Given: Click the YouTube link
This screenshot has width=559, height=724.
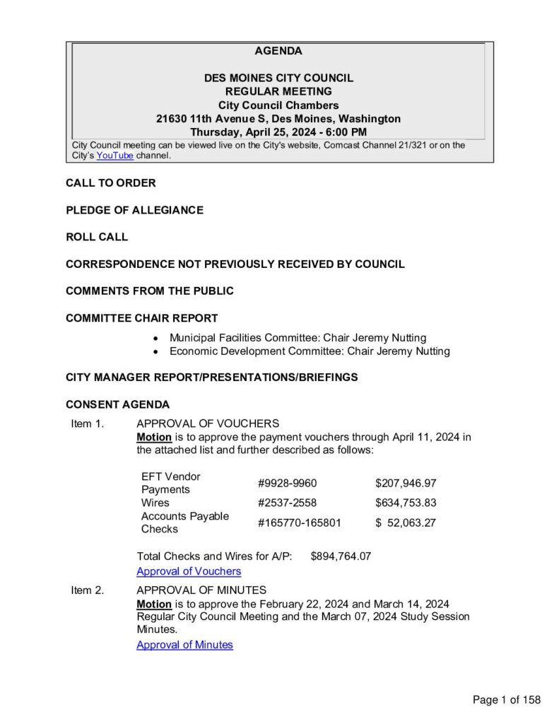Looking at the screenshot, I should coord(114,156).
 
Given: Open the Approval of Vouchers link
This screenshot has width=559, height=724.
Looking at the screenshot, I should coord(189,571).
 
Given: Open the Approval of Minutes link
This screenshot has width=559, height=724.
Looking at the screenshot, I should coord(184,645).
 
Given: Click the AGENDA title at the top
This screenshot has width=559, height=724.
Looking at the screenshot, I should coord(278,51).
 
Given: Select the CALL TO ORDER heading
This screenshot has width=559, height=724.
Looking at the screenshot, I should coord(111,183).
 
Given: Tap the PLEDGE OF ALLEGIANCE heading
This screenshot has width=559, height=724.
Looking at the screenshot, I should coord(134,210).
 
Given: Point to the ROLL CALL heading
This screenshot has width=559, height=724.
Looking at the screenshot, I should coord(97,237).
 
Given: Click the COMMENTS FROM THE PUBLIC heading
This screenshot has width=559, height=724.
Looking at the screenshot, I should coord(150,291).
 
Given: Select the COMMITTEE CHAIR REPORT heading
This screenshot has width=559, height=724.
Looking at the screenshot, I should coord(142,318).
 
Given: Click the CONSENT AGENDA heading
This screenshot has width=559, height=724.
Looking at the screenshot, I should coord(118,405).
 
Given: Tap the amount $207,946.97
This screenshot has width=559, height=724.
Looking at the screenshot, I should coord(406,484).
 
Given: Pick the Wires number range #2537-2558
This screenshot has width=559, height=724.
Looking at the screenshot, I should coord(287,503).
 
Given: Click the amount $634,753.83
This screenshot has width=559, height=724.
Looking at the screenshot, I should coord(406,503).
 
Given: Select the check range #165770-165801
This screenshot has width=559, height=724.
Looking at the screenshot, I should coord(300,523).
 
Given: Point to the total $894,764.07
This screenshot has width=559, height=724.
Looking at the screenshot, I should coord(341,556).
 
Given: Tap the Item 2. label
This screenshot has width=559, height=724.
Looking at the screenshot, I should coord(88,590).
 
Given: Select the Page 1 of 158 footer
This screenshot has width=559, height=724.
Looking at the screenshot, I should coord(507,700).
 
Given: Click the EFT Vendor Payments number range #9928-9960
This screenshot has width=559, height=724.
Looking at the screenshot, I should coord(287,484).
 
